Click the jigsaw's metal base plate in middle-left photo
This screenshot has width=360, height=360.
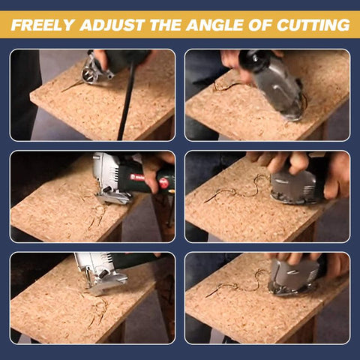[x=113, y=197]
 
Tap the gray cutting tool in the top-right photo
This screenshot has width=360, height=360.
[x=281, y=86]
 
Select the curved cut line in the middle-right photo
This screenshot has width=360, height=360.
[x=240, y=190]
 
